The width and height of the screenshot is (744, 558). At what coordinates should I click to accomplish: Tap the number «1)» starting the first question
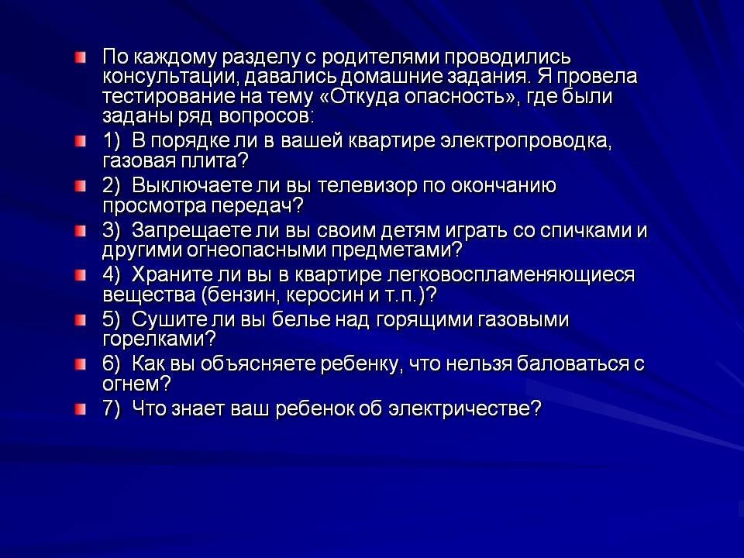tap(112, 141)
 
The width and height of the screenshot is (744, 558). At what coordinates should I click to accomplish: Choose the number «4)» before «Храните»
tap(112, 274)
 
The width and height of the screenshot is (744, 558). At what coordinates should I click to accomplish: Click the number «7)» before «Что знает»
tap(112, 408)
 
